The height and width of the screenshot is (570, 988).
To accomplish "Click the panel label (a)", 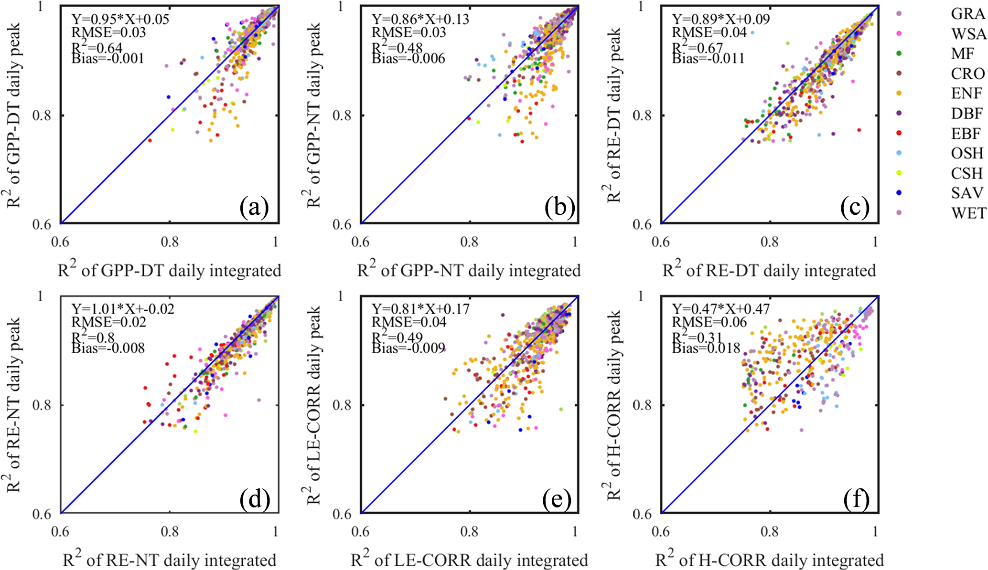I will [255, 208].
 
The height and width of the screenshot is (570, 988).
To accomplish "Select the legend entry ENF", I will [967, 93].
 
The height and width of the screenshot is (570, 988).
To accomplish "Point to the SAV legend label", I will [967, 192].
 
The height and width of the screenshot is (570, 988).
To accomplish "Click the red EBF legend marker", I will [900, 133].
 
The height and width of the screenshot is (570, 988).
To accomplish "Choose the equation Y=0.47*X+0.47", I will [721, 309].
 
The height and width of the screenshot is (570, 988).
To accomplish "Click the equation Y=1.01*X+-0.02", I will [123, 309].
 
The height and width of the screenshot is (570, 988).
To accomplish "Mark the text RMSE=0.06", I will [709, 322].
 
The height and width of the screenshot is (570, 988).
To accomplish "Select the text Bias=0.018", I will [706, 348].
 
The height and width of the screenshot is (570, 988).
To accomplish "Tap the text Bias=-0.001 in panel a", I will [107, 59].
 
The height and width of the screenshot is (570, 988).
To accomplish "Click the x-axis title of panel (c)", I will [769, 270].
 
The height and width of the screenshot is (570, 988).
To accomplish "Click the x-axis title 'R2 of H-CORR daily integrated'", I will [769, 559].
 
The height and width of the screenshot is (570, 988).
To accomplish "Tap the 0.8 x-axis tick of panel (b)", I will [469, 242].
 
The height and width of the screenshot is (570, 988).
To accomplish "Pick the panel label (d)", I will [255, 499].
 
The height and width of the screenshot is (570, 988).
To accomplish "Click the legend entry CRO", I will [967, 74].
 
